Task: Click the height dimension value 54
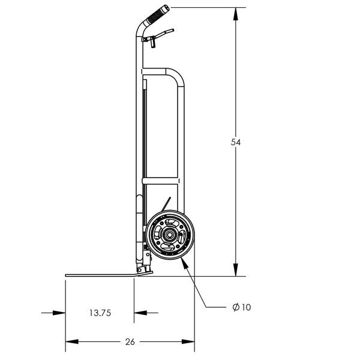tap(236, 142)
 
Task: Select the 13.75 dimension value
tap(99, 313)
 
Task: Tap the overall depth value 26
tap(130, 342)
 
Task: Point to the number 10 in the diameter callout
tap(245, 307)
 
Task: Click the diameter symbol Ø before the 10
tap(235, 307)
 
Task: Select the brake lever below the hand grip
tap(161, 32)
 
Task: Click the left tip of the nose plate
tap(67, 275)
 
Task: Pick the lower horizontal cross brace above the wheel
tap(161, 180)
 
